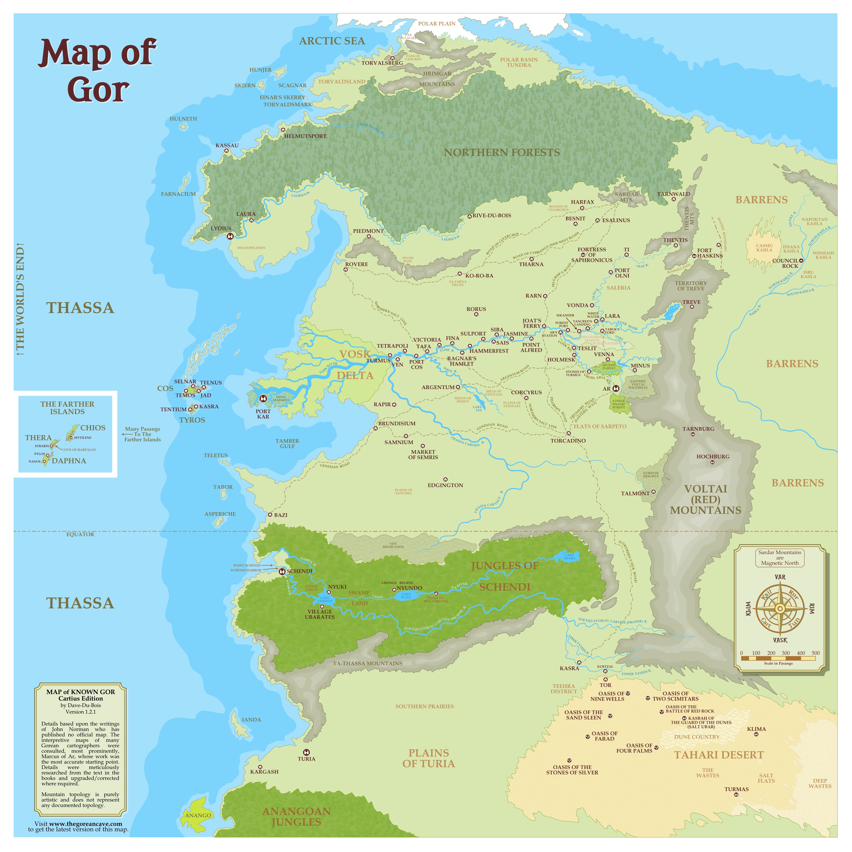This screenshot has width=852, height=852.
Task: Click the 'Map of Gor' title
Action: (97, 71)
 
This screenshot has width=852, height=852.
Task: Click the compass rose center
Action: (780, 609)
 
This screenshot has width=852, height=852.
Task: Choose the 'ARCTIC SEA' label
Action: (332, 41)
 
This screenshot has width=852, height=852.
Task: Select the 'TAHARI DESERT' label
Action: (719, 755)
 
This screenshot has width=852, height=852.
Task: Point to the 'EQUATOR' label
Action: (80, 534)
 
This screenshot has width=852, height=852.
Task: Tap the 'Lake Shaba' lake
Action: (569, 557)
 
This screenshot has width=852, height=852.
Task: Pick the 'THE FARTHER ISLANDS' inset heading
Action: (67, 408)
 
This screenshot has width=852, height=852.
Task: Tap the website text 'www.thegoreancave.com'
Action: (86, 824)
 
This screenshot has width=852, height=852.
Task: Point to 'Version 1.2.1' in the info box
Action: (81, 712)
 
